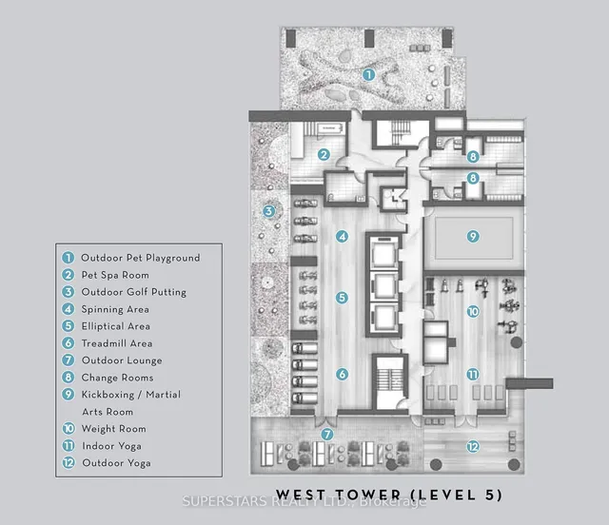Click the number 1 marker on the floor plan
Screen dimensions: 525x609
pos(368,73)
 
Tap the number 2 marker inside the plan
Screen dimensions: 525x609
pos(324,155)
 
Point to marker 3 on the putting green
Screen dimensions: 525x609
pos(269,211)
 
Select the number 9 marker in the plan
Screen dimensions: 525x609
pos(471,235)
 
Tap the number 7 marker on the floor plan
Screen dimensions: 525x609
pos(327,435)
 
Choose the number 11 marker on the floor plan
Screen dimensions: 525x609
pos(471,375)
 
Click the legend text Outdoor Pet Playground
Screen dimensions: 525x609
pos(140,258)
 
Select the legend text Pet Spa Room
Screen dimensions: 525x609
pos(115,275)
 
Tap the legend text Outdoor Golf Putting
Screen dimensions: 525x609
pos(133,292)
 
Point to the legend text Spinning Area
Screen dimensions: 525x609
pos(115,309)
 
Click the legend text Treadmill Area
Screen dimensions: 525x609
pos(117,343)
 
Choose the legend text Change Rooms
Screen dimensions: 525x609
pos(117,378)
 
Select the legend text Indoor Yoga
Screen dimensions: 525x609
pos(112,446)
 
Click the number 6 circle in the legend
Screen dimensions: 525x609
pos(68,343)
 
